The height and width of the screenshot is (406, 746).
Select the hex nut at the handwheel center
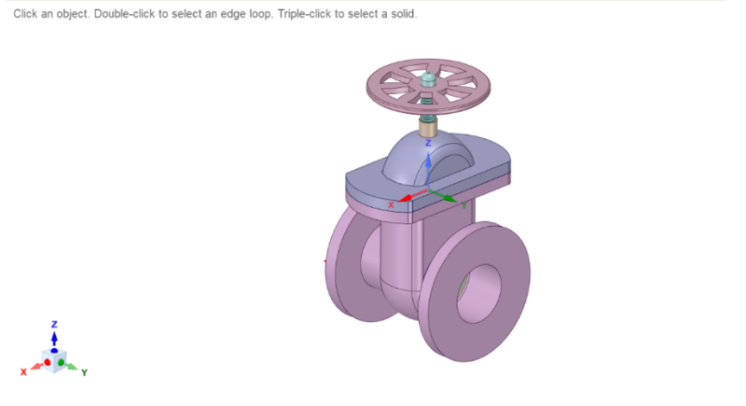[x=428, y=81]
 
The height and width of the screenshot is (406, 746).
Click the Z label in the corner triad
[x=54, y=323]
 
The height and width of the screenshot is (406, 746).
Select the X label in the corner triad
[x=25, y=371]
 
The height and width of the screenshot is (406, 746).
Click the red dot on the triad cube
[x=48, y=361]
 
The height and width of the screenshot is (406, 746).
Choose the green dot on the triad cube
[x=62, y=361]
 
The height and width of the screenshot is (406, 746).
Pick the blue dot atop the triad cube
[x=54, y=350]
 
